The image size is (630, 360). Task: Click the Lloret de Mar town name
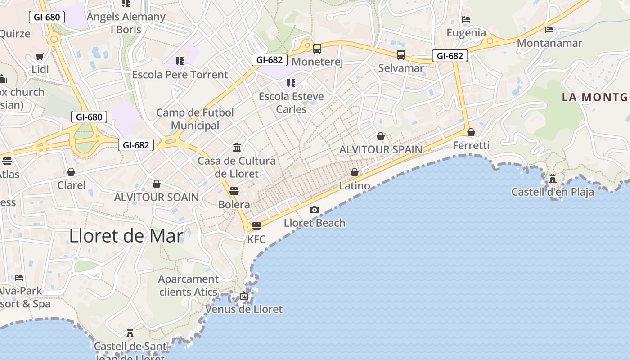pyautogui.click(x=126, y=236)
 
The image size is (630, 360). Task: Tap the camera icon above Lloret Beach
pyautogui.click(x=315, y=210)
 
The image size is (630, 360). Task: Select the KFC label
pyautogui.click(x=256, y=239)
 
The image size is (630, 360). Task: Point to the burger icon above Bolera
pyautogui.click(x=234, y=191)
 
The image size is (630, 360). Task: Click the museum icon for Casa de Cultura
pyautogui.click(x=237, y=147)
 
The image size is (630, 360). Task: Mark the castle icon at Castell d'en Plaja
pyautogui.click(x=553, y=178)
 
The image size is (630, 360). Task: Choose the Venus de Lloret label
pyautogui.click(x=244, y=309)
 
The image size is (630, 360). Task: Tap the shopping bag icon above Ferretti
pyautogui.click(x=471, y=132)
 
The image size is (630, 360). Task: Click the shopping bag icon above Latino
pyautogui.click(x=355, y=172)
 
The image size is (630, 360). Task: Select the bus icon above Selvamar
pyautogui.click(x=401, y=55)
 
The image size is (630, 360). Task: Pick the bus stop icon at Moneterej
pyautogui.click(x=317, y=48)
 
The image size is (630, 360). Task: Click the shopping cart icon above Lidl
pyautogui.click(x=40, y=57)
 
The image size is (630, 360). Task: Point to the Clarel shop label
pyautogui.click(x=71, y=185)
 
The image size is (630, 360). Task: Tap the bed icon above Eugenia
pyautogui.click(x=466, y=19)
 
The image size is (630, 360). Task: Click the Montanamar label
pyautogui.click(x=549, y=43)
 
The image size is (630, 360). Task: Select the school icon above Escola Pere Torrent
pyautogui.click(x=180, y=61)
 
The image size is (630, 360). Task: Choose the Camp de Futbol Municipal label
pyautogui.click(x=195, y=119)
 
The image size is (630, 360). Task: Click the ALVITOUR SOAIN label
pyautogui.click(x=156, y=197)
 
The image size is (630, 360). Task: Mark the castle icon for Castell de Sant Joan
pyautogui.click(x=130, y=333)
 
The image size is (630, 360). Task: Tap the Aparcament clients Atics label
pyautogui.click(x=189, y=285)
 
